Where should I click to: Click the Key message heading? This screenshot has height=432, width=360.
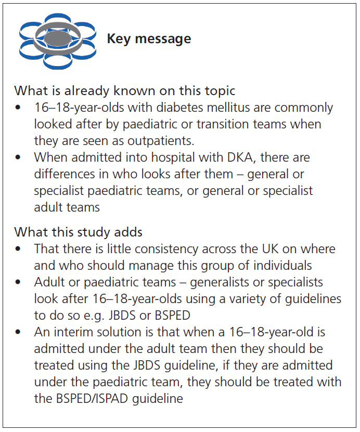(149, 39)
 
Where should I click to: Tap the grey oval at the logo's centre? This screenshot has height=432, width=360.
(58, 38)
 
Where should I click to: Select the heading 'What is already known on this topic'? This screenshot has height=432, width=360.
(125, 91)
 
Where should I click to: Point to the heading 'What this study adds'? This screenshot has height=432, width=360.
(78, 232)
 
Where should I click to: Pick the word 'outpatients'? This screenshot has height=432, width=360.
(161, 141)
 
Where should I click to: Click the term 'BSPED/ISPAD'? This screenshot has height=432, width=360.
(92, 399)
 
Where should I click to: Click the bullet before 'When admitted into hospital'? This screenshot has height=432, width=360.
(18, 158)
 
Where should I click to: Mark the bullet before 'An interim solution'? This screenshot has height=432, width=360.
(18, 332)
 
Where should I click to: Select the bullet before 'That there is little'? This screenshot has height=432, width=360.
(18, 249)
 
